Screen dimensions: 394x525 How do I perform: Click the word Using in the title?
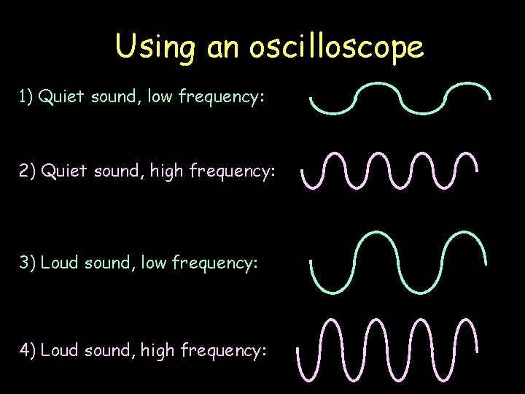pyautogui.click(x=155, y=47)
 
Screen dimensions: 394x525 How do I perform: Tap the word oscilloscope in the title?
pyautogui.click(x=336, y=47)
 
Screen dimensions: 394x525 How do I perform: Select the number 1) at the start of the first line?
pyautogui.click(x=26, y=96)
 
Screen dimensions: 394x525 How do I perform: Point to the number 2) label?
pyautogui.click(x=28, y=171)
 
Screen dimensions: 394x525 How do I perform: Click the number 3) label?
pyautogui.click(x=27, y=262)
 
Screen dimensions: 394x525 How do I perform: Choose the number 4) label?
pyautogui.click(x=28, y=350)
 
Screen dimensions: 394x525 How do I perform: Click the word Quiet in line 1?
pyautogui.click(x=63, y=96)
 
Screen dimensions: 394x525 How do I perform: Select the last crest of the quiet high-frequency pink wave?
pyautogui.click(x=465, y=155)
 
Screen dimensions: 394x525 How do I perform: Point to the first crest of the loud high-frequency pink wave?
pyautogui.click(x=332, y=321)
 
